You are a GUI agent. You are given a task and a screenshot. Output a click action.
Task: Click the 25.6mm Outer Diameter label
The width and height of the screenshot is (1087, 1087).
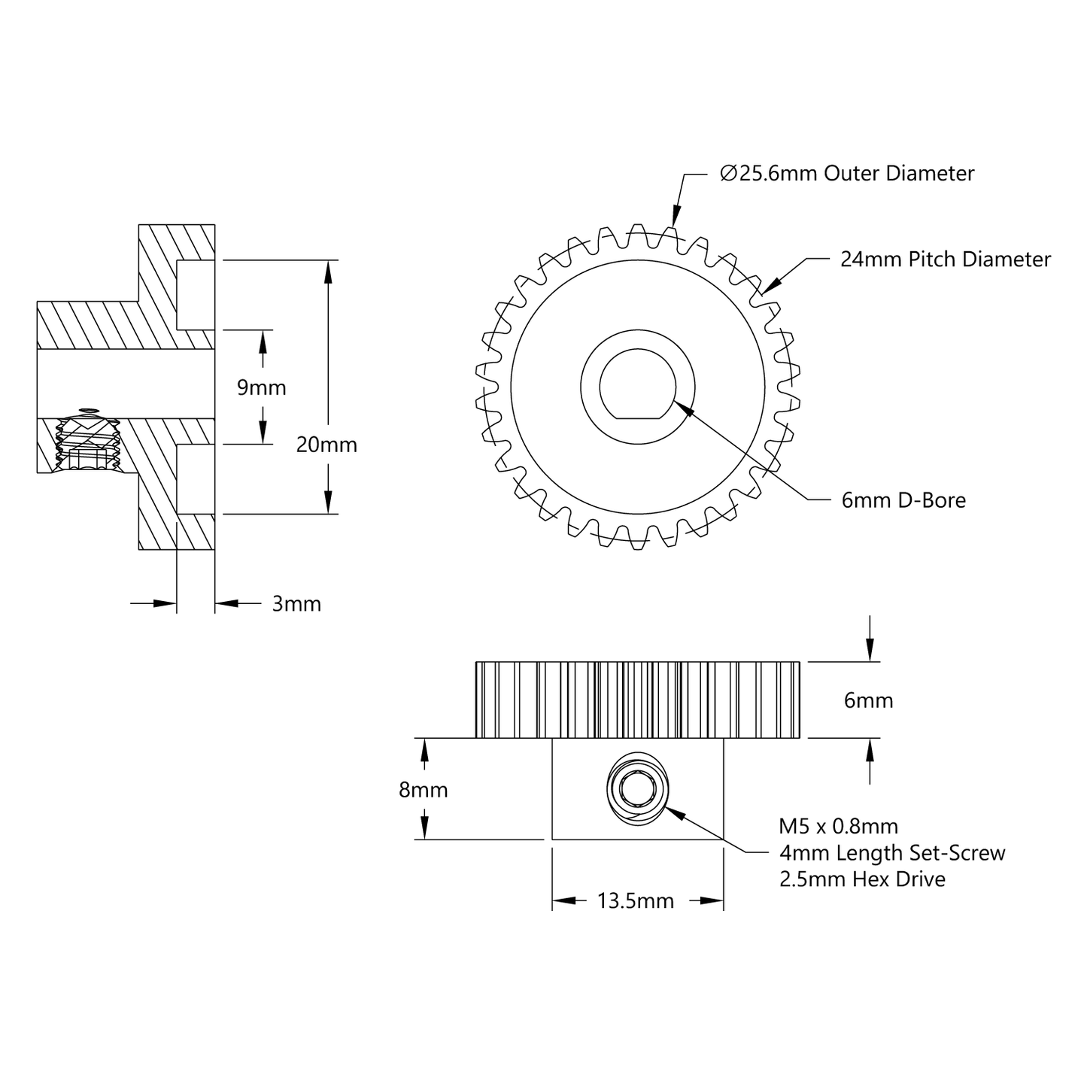coord(846,174)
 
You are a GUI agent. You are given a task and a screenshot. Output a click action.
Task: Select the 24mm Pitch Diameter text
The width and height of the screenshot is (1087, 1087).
coord(945,260)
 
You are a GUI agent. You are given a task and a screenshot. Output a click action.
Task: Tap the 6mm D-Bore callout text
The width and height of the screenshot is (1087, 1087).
coord(903,500)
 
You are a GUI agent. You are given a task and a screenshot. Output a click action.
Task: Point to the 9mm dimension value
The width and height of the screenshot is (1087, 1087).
coord(261,387)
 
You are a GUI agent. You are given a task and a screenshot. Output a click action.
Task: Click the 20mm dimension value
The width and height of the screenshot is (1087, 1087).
coord(326,445)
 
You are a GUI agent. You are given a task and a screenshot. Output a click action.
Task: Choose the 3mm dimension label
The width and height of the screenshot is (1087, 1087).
coord(296,603)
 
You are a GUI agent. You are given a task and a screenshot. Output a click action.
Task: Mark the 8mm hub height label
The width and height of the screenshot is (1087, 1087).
coord(423,790)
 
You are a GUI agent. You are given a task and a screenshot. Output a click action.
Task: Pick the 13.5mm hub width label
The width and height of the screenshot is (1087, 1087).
coord(636,900)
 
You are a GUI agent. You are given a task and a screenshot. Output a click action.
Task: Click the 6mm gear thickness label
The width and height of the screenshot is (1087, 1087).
coord(868,700)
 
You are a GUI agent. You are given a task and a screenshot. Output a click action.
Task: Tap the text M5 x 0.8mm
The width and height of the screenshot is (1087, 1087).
coord(838,826)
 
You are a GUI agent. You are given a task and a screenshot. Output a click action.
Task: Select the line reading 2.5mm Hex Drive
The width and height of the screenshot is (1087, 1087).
coord(862,879)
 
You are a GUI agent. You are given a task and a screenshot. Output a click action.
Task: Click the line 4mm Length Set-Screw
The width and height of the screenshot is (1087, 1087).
coord(892,852)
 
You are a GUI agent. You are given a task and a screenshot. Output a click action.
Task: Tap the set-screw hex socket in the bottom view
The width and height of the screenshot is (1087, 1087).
coord(637,788)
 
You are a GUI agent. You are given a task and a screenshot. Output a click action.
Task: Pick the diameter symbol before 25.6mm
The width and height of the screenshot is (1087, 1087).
coord(727,174)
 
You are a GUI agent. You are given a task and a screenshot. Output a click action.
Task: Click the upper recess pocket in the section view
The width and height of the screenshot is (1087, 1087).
coord(196,294)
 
